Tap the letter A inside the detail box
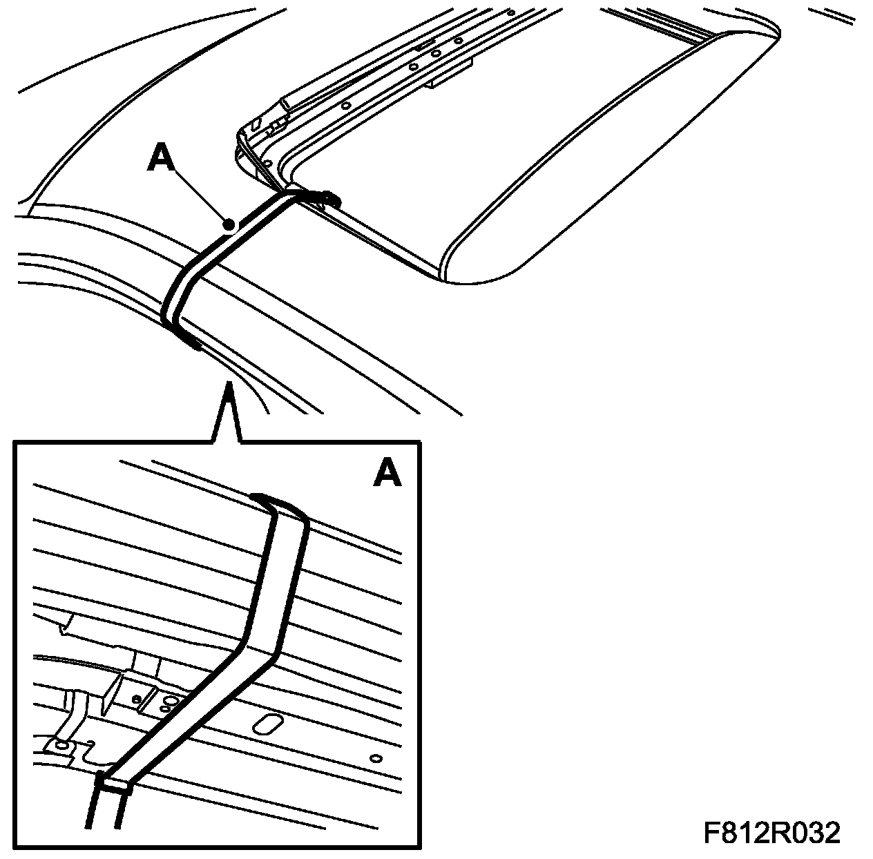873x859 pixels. [387, 472]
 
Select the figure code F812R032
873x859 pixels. [772, 832]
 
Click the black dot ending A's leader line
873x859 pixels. [230, 224]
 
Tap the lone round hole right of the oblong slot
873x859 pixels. [376, 758]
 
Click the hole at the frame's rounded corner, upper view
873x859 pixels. [267, 163]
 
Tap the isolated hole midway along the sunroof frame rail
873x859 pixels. [346, 105]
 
